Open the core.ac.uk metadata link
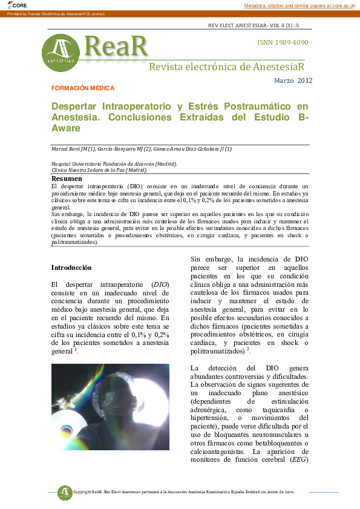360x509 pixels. [300, 5]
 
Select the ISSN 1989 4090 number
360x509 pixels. [283, 42]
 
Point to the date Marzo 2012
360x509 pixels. [293, 80]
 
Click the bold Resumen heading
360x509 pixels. [67, 179]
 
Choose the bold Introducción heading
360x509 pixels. [71, 267]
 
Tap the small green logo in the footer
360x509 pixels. [65, 492]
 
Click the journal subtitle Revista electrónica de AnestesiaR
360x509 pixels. [227, 66]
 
